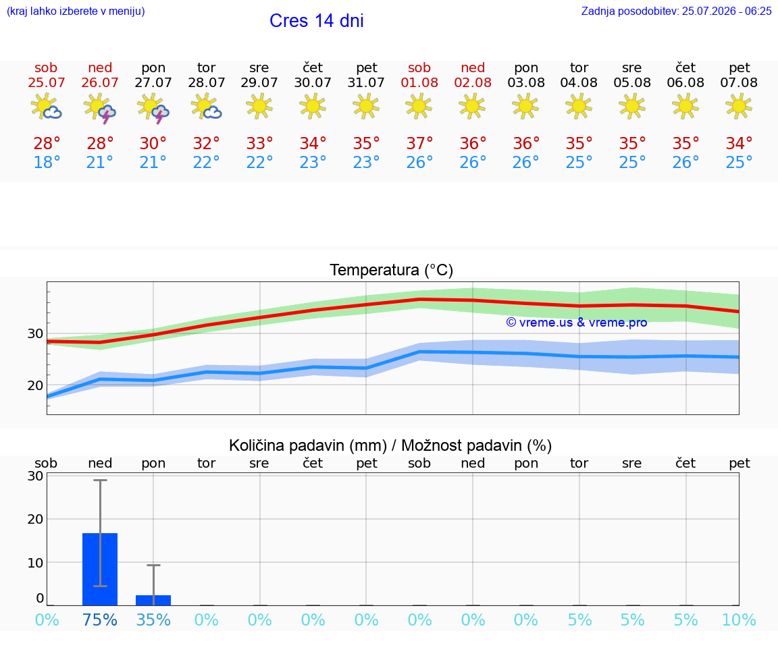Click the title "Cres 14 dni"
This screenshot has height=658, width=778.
[x=317, y=21]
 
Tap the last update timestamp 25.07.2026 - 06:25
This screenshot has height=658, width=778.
[x=727, y=11]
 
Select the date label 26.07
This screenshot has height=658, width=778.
[x=100, y=82]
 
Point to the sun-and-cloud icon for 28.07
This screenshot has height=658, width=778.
[x=206, y=107]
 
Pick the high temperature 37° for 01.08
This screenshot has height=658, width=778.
[x=419, y=143]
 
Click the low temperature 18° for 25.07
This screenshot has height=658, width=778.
[x=47, y=162]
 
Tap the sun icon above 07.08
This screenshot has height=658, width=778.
[x=739, y=106]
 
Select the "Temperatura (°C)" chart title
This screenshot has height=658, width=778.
[x=392, y=270]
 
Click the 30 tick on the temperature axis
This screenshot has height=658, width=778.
[x=35, y=333]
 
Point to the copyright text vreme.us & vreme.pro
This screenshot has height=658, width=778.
[x=577, y=323]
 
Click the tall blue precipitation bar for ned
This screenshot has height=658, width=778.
[x=100, y=569]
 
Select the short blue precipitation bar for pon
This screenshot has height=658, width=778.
[x=153, y=601]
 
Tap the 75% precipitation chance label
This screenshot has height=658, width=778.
[x=100, y=620]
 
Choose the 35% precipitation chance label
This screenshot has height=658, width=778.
[x=153, y=620]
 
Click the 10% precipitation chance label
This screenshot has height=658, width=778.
[x=739, y=620]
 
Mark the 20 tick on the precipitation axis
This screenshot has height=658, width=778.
[x=35, y=519]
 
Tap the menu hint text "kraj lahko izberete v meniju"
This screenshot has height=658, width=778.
[x=76, y=11]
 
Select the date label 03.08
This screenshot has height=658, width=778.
[x=526, y=82]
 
